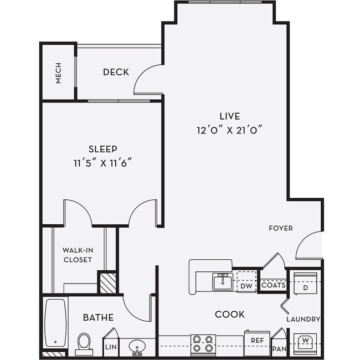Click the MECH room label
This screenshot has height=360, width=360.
click(x=58, y=73)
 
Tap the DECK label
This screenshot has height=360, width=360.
click(x=116, y=72)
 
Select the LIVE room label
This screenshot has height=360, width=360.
click(x=229, y=116)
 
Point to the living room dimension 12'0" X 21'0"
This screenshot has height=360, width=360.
click(x=229, y=130)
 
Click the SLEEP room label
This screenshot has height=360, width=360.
click(x=103, y=149)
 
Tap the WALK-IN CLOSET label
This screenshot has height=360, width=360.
click(x=78, y=255)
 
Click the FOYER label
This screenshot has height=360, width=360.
click(x=281, y=228)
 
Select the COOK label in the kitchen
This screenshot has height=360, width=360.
click(x=229, y=315)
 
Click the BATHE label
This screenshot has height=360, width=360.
click(x=98, y=317)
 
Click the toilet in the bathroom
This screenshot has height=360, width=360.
click(x=84, y=343)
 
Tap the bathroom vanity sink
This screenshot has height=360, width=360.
click(x=137, y=347)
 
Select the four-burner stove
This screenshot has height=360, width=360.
click(x=203, y=344)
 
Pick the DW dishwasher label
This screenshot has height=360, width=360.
click(x=246, y=286)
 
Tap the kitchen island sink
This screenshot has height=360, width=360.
click(x=223, y=281)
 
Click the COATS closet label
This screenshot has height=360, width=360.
click(x=273, y=286)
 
